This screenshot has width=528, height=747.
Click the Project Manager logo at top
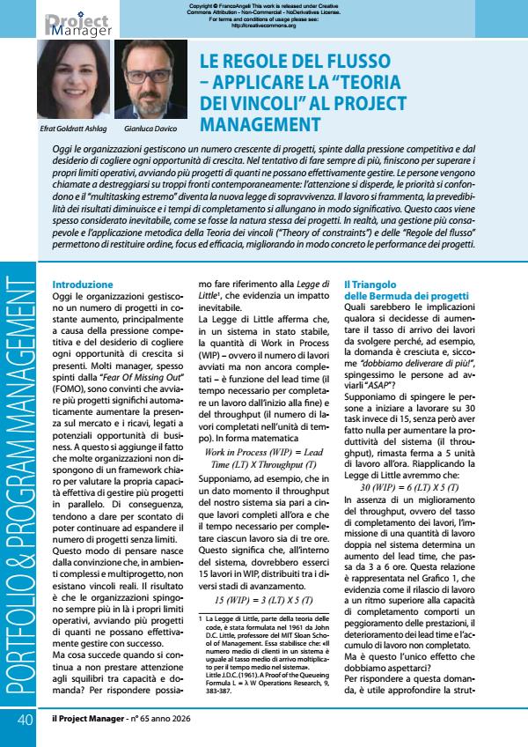pyautogui.click(x=80, y=25)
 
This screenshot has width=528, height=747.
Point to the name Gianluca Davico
pyautogui.click(x=147, y=129)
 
